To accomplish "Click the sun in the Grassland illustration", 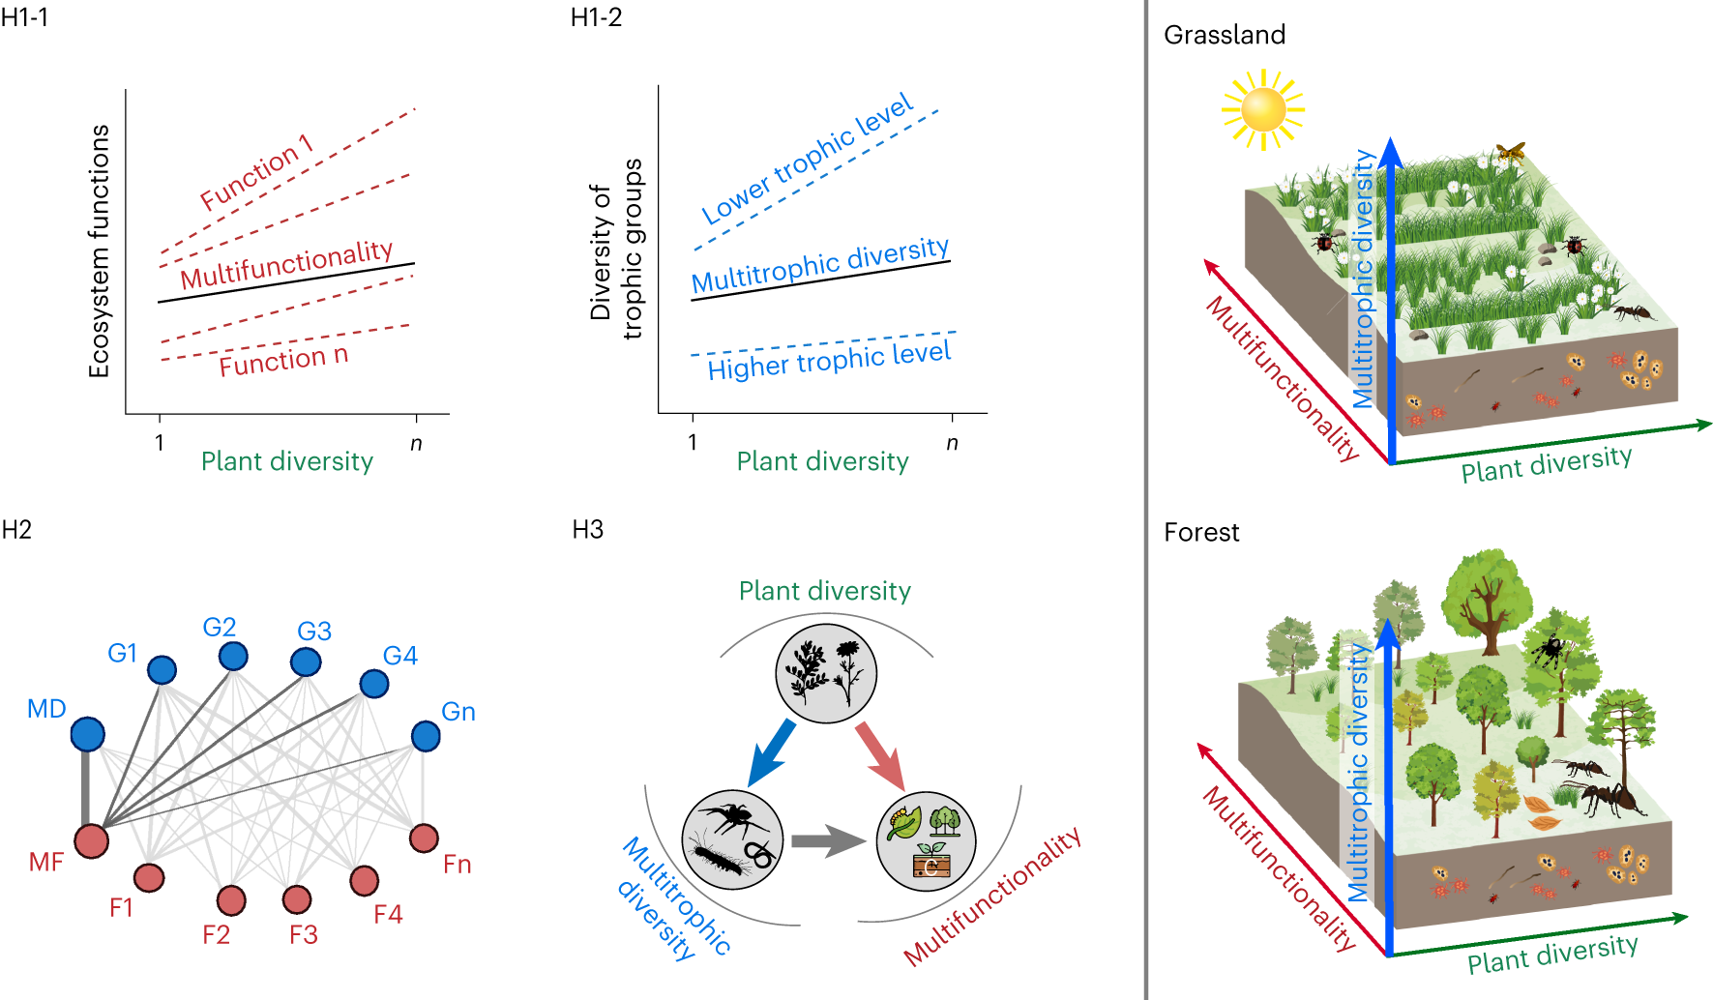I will pos(1263,109).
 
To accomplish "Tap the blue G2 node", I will pos(233,657).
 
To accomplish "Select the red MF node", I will pos(92,840).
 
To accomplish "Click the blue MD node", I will pos(88,734).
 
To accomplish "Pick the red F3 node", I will pos(297,898).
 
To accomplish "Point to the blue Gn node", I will pos(426,736).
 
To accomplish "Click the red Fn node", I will pos(424,838).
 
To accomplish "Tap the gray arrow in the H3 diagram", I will pos(827,840).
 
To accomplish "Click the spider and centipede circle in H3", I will pos(732,839).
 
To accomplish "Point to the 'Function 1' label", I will pos(256,172).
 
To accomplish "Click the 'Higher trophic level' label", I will pos(829,361).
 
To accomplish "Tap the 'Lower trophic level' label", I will pos(807,159).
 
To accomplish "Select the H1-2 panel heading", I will pos(596,17).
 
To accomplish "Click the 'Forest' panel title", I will pos(1201,533).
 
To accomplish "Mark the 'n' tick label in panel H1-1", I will pos(416,444).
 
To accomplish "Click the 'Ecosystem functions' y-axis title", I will pos(100,251).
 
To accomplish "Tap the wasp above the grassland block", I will pos(1510,152).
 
